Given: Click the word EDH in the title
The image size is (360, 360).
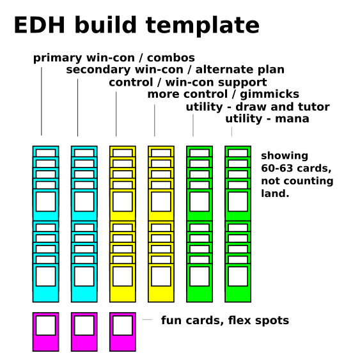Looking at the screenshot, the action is (x=40, y=25).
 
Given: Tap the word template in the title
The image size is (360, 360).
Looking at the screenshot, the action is (x=203, y=26).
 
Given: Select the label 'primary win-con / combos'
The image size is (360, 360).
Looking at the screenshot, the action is (x=114, y=58).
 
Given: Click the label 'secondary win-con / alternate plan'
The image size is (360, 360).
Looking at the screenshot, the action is (x=175, y=70).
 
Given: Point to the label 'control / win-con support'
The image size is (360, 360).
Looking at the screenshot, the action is (x=188, y=82).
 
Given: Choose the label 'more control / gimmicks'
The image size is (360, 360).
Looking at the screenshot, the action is (x=223, y=95).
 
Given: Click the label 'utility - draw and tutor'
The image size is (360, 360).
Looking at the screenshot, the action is (x=258, y=107).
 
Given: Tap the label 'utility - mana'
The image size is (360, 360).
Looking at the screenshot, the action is (x=267, y=119).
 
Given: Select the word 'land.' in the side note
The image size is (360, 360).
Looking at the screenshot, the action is (x=275, y=194).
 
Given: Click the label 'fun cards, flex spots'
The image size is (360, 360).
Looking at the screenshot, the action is (x=225, y=320).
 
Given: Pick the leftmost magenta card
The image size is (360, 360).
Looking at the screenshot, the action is (x=45, y=332).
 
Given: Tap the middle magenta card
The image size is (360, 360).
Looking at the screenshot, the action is (x=84, y=332).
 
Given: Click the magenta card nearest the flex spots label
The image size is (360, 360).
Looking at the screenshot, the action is (x=123, y=332).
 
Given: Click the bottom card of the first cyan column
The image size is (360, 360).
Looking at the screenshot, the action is (x=45, y=283).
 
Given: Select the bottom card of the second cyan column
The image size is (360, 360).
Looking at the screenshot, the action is (x=84, y=283).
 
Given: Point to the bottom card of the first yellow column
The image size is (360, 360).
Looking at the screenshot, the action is (x=123, y=283).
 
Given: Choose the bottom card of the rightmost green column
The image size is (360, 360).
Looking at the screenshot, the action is (x=238, y=283).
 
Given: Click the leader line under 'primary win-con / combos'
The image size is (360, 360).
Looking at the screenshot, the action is (x=42, y=101).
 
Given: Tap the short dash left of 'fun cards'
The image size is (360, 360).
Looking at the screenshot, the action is (x=147, y=319).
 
